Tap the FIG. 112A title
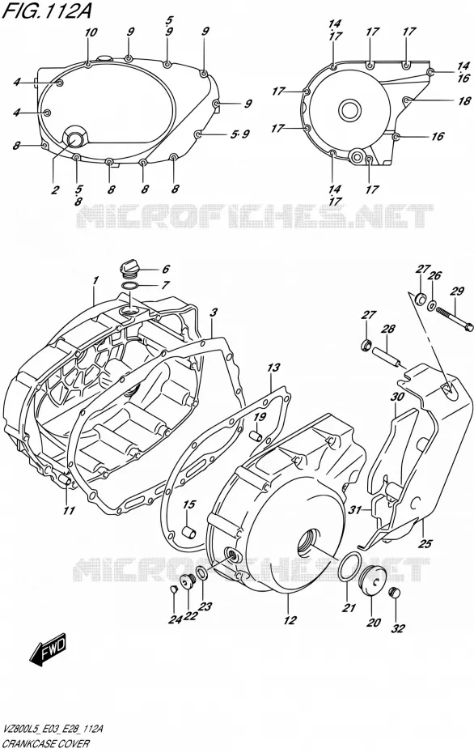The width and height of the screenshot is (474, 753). tap(46, 11)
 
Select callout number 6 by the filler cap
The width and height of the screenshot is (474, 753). tap(166, 270)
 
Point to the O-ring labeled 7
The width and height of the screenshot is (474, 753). tap(130, 287)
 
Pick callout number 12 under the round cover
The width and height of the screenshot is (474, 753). tap(290, 620)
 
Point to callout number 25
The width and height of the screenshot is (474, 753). tap(425, 543)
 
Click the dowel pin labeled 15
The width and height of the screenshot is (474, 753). tap(188, 533)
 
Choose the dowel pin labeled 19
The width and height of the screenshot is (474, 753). tap(256, 435)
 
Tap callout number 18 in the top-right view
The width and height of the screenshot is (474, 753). tap(464, 101)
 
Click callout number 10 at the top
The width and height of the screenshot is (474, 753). tap(91, 32)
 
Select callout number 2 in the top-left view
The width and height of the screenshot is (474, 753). tap(55, 189)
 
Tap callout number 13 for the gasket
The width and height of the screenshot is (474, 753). tap(273, 368)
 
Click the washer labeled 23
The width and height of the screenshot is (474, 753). tap(202, 572)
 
